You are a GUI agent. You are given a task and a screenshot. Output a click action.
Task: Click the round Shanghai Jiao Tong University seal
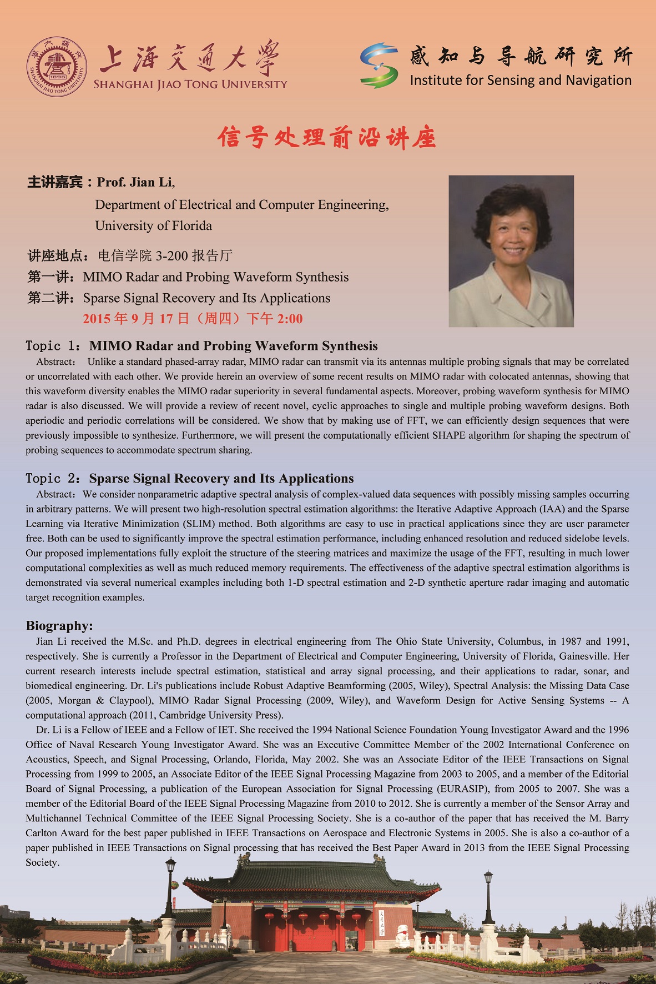click(57, 66)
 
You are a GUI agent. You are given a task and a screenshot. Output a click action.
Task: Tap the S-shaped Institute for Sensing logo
click(379, 66)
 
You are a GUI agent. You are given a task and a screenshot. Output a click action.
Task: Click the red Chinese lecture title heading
click(327, 137)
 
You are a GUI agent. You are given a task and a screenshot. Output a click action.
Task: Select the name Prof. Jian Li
click(135, 182)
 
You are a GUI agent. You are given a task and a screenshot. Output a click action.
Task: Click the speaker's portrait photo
click(511, 251)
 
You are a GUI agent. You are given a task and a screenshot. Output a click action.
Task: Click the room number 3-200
click(171, 255)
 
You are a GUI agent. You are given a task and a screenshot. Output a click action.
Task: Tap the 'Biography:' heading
click(59, 626)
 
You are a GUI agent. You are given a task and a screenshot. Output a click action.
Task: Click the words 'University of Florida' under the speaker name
click(154, 225)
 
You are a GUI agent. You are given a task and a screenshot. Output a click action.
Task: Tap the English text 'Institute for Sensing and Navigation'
click(521, 81)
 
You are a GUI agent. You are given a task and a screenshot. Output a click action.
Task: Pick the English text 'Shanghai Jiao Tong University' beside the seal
click(190, 84)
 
